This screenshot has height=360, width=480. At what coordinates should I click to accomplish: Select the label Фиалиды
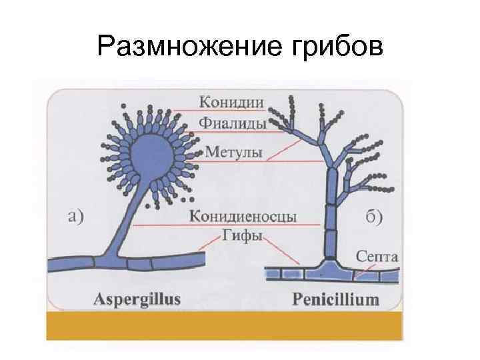pos(233,124)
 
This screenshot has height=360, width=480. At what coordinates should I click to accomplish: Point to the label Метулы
pos(233,153)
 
